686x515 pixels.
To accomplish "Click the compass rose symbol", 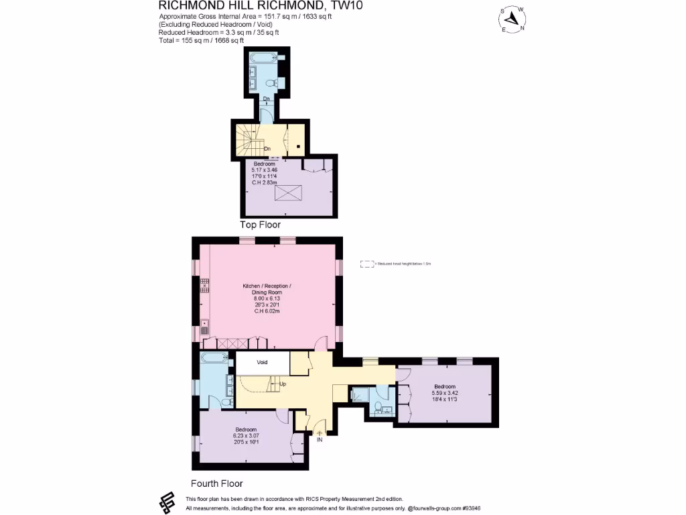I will (x=514, y=19).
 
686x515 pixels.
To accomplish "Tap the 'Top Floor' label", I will (x=260, y=225).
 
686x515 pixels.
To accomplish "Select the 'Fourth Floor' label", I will (x=217, y=483).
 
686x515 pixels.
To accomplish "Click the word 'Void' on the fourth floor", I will (x=262, y=362).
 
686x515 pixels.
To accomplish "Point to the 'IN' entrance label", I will (x=320, y=440).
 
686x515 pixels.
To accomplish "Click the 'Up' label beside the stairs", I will (x=282, y=384).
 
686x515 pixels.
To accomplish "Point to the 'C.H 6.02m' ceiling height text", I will (x=267, y=310).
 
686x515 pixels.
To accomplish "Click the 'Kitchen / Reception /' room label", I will (x=267, y=286).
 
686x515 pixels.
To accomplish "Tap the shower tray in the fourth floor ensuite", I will (x=360, y=395).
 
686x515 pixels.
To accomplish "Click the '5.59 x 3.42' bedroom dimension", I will (x=445, y=393).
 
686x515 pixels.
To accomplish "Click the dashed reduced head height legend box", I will (x=367, y=264).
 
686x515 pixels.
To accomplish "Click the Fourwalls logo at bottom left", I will (x=167, y=502).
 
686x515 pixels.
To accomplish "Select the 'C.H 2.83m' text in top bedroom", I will (x=264, y=181).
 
